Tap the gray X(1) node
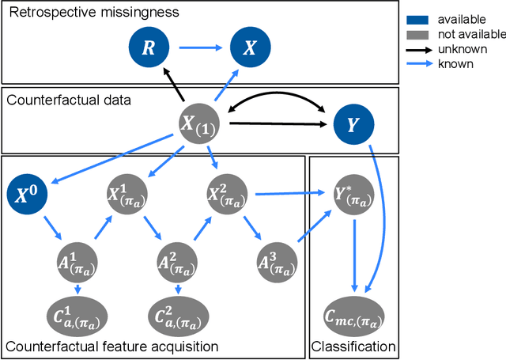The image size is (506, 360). (x=205, y=123)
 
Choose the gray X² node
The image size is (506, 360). (x=227, y=192)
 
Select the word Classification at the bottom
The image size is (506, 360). (x=353, y=346)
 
